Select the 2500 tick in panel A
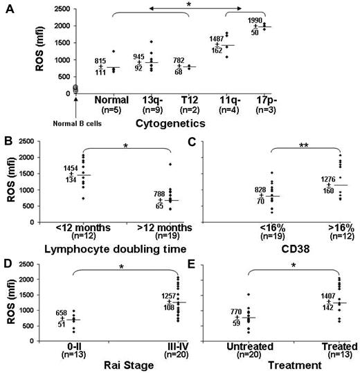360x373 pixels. click(x=42, y=11)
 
